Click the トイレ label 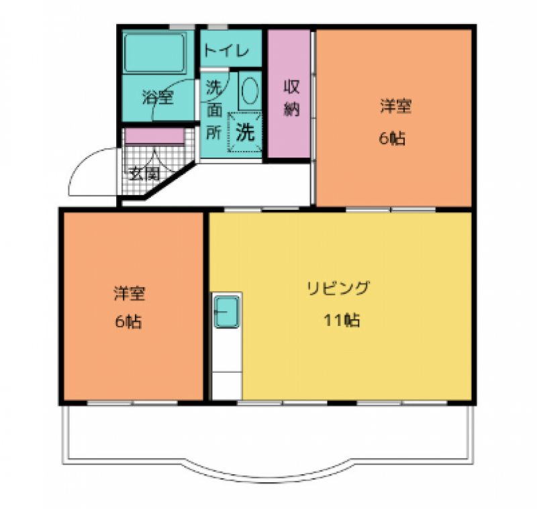[226, 52]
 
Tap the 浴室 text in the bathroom [158, 97]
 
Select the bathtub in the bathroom [155, 53]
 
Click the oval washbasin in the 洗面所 [250, 91]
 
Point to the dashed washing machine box [245, 131]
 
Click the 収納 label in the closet [291, 98]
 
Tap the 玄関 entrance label [144, 174]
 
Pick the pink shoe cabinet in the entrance [154, 136]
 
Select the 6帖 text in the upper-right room [393, 139]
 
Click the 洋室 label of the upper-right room [396, 106]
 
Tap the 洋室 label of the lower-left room [130, 294]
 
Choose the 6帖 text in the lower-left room [128, 322]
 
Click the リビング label [339, 288]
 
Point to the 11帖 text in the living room [342, 321]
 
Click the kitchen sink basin [226, 312]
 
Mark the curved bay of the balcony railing [268, 234]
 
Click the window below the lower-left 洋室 [132, 403]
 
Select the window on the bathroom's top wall [182, 27]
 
